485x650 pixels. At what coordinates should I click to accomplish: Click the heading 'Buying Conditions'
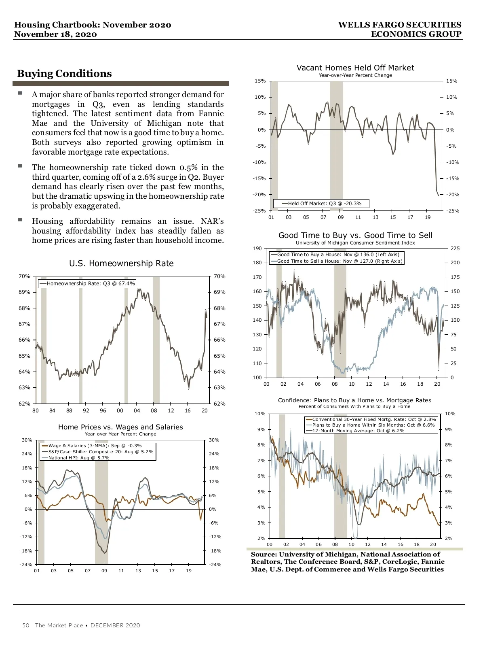coord(64,74)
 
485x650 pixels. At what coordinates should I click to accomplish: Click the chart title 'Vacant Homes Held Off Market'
coord(355,68)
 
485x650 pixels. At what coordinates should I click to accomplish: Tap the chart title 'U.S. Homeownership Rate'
coord(121,263)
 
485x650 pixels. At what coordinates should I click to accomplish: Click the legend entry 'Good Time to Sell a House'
coord(339,261)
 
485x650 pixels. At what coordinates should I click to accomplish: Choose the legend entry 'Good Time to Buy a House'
coord(338,255)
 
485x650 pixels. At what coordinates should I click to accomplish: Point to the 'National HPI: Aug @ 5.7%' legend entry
coord(79,458)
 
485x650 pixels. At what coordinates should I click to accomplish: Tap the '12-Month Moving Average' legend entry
coord(358,431)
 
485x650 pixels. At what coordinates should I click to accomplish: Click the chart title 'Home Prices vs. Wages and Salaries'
coord(120,427)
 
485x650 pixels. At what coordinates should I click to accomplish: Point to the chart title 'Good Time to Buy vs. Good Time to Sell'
coord(355,235)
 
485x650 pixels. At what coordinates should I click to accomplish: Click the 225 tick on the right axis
coord(455,249)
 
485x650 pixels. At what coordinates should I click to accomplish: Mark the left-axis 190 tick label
coord(257,249)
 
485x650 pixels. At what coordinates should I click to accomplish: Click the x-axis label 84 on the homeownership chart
coord(52,410)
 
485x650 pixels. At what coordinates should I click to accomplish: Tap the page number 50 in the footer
coord(26,625)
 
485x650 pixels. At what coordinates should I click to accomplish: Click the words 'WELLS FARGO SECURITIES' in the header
coord(400,25)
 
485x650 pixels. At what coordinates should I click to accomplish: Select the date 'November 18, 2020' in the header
coord(55,34)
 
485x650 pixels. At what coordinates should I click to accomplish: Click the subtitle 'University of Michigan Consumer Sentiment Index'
coord(355,243)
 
